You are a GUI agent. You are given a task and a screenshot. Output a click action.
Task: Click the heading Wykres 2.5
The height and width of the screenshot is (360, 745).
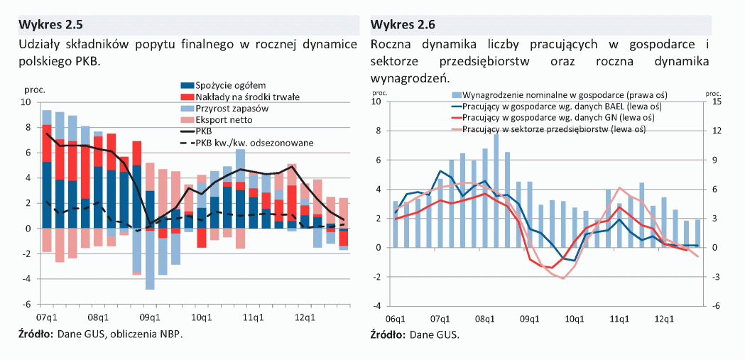[x=50, y=25]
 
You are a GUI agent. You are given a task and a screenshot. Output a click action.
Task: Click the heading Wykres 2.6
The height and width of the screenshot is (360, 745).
[x=403, y=25]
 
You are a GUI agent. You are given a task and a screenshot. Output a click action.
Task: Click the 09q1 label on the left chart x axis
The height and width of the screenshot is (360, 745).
[x=148, y=316]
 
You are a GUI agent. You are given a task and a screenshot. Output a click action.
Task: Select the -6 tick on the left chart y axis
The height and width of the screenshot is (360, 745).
[x=28, y=304]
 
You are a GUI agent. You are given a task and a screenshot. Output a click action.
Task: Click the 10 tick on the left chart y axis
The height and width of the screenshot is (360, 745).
[x=27, y=102]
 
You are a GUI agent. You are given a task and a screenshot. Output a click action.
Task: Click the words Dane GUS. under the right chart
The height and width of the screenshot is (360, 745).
[x=434, y=334]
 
